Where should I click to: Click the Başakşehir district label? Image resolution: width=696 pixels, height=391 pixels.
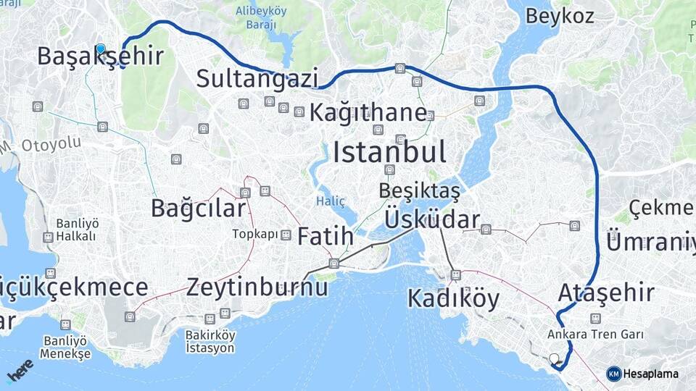tap(99, 56)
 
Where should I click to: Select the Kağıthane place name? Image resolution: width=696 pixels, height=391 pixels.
tap(368, 113)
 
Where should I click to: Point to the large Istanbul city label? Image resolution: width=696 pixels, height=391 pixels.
tap(389, 152)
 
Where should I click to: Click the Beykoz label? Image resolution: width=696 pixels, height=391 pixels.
tap(560, 16)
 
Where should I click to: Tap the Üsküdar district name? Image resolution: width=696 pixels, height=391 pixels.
tap(432, 219)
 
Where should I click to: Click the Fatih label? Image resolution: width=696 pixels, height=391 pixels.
tap(326, 236)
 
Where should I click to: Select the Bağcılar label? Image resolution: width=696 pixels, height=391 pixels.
tap(198, 208)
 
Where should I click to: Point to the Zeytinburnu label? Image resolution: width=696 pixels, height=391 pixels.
tap(257, 287)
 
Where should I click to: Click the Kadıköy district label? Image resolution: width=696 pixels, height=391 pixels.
tap(453, 298)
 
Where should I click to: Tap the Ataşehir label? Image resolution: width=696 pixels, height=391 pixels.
tap(606, 293)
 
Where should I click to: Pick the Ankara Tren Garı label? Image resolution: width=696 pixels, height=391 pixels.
tap(586, 335)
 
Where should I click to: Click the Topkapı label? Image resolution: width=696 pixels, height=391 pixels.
tap(255, 235)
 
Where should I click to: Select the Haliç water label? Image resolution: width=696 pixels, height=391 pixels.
tap(331, 200)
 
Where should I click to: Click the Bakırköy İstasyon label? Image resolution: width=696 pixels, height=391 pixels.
tap(210, 342)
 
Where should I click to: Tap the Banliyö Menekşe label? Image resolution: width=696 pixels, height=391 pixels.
tap(65, 347)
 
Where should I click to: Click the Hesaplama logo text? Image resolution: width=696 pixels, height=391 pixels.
tap(651, 374)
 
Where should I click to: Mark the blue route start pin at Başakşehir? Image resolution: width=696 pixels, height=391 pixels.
tap(100, 49)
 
